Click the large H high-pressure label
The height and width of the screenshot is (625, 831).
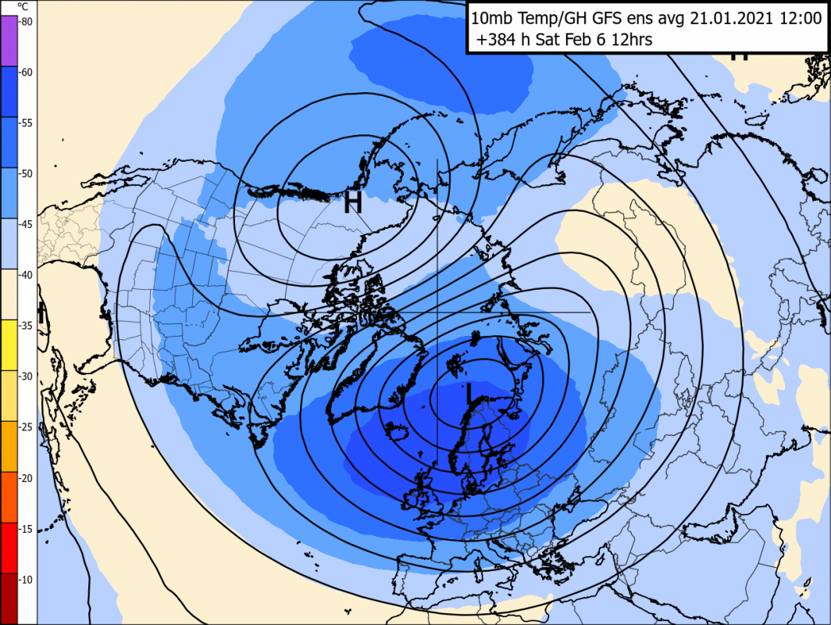353,203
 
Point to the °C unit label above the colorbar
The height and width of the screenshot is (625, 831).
24,7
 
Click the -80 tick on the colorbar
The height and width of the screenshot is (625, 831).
26,22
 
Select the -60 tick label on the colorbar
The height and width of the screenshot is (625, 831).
26,73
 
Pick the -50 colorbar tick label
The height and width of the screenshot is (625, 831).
26,173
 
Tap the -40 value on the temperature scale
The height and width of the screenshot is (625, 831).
26,275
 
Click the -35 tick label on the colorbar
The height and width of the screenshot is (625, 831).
26,326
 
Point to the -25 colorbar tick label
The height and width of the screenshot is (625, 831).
26,427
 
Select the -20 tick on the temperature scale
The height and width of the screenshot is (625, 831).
26,478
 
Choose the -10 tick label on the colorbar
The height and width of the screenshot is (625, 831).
26,580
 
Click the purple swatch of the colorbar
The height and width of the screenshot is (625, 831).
9,39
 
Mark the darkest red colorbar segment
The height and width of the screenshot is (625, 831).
9,598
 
